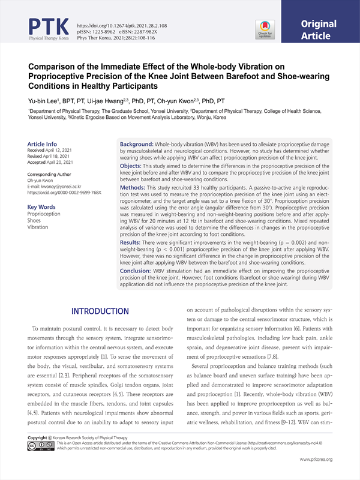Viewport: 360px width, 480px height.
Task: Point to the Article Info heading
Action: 43,144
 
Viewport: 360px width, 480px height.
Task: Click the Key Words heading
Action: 41,208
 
